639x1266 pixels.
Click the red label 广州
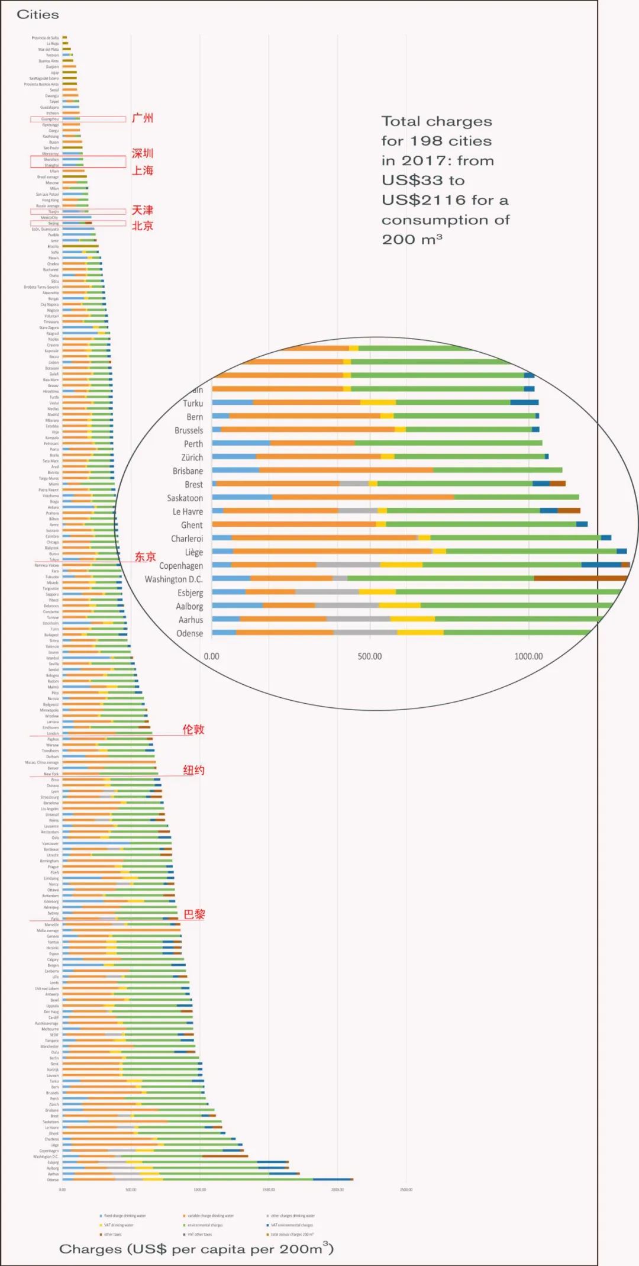point(142,118)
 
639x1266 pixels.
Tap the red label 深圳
point(142,154)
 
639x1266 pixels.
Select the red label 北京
point(142,226)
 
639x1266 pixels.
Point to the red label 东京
point(145,556)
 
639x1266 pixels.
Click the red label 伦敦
point(193,729)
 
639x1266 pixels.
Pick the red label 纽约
point(193,770)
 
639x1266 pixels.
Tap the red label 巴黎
point(194,914)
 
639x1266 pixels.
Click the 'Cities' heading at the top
point(38,15)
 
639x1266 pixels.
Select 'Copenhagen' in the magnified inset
point(180,566)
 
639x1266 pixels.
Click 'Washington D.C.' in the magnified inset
point(173,579)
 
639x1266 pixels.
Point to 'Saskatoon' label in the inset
point(185,498)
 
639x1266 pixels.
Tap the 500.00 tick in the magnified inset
point(370,656)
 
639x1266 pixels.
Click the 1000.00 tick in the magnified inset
point(528,656)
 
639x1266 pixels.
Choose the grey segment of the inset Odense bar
point(365,633)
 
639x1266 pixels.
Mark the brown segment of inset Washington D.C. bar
point(580,578)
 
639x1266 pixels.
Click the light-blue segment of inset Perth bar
point(241,443)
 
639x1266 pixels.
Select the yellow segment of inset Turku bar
point(377,402)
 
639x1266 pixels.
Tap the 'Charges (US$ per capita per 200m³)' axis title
point(196,1249)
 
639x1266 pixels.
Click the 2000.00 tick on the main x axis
point(337,1189)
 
